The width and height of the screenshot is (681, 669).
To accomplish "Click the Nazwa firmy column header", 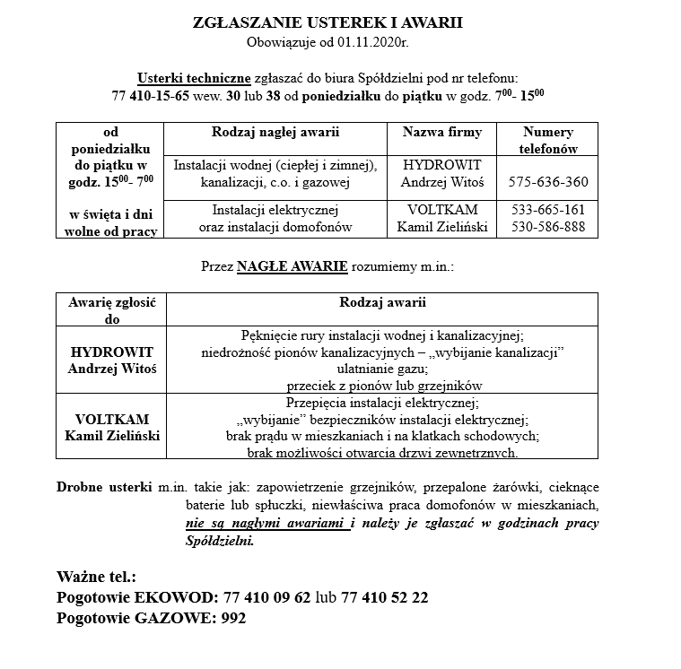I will pos(442,133).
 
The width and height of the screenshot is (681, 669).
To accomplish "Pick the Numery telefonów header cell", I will pos(547,141).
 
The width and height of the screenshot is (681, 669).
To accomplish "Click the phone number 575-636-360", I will pos(547,183).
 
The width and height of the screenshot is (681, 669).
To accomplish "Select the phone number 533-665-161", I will pos(547,211).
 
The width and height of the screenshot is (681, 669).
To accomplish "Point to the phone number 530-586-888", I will pos(547,228).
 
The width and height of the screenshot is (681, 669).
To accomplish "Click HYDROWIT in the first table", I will pos(442,166).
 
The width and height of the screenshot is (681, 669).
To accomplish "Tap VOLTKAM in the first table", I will pos(442,211).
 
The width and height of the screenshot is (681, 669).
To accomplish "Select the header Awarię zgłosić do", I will pos(112,310).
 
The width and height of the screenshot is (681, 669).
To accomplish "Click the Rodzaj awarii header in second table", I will pos(382,303).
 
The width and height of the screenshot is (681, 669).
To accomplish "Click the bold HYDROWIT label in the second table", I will pos(112,352).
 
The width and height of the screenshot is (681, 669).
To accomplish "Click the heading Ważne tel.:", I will pos(96,577).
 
